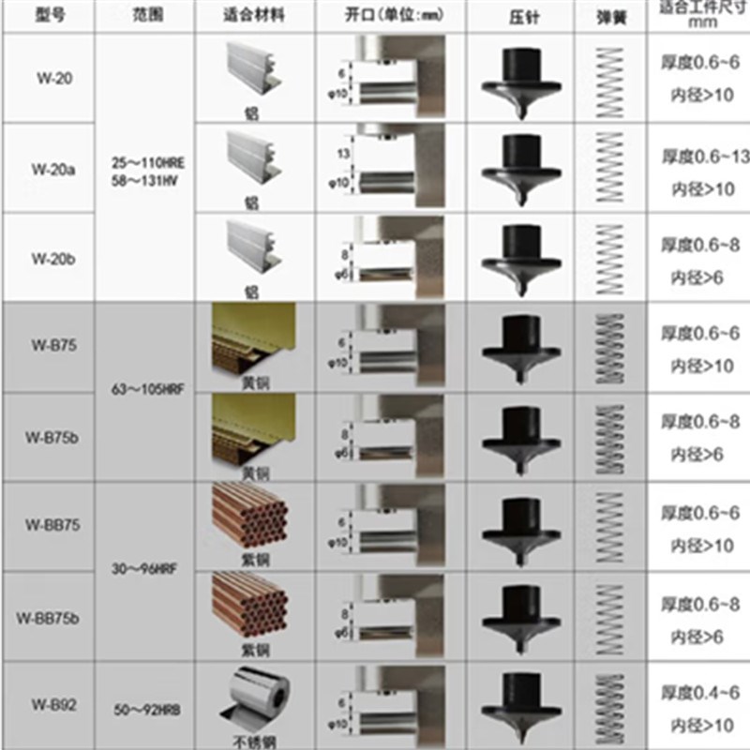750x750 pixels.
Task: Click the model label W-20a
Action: [47, 170]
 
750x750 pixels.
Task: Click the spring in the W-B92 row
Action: [610, 705]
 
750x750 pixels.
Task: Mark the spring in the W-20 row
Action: [610, 79]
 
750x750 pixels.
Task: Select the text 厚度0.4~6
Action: [701, 693]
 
